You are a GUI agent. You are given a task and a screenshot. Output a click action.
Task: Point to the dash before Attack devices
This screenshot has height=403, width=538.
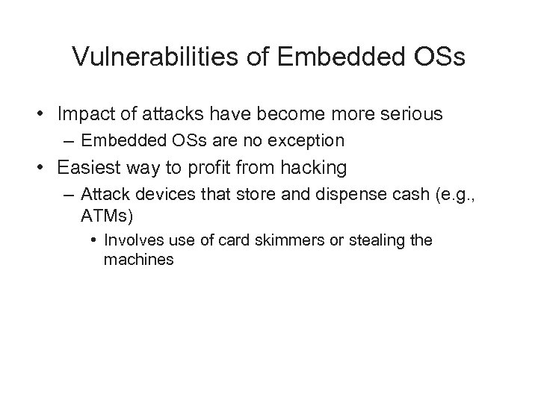[69, 195]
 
